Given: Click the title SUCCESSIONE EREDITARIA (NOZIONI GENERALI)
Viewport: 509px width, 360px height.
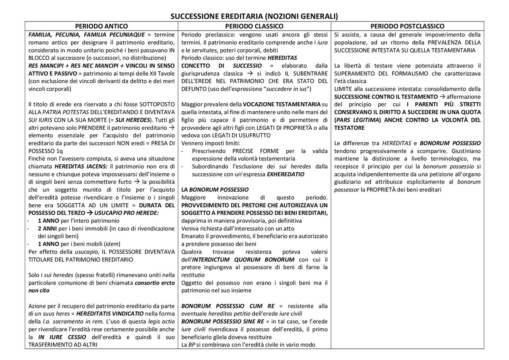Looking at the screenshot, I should click(254, 16).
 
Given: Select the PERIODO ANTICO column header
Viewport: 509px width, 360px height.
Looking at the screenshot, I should click(101, 26).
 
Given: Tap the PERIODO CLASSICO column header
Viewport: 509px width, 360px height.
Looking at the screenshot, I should click(254, 26).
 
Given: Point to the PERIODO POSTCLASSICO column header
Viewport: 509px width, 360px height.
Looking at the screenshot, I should click(407, 26).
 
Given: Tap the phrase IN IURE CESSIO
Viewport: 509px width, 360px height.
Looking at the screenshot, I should click(62, 337).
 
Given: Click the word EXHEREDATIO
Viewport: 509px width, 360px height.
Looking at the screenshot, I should click(286, 174).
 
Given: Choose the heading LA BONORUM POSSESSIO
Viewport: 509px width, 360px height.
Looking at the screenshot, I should click(215, 190).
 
